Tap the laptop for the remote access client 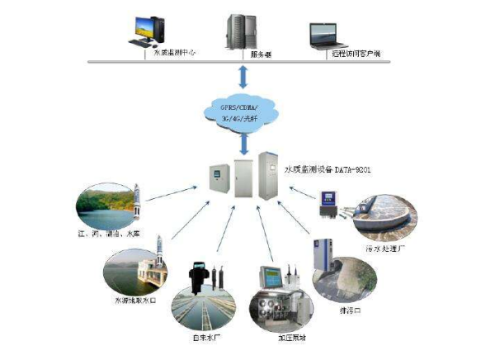[x=327, y=35]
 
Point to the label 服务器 [x=262, y=54]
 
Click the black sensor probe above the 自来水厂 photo [x=199, y=277]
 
